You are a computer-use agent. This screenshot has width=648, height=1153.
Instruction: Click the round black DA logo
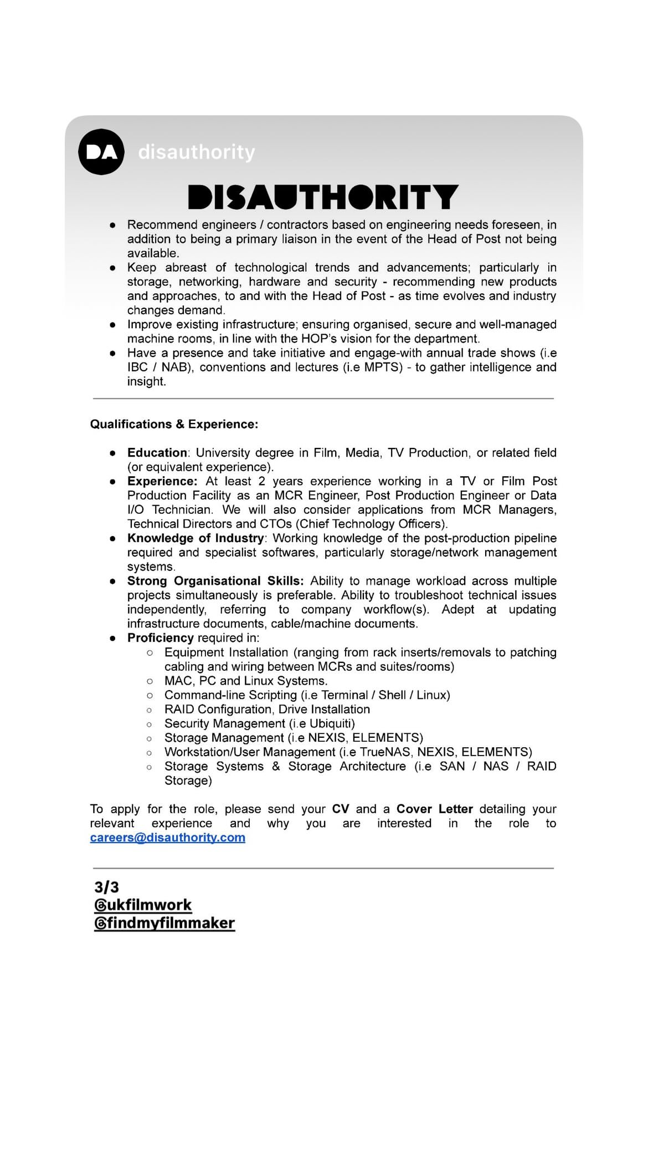click(x=101, y=152)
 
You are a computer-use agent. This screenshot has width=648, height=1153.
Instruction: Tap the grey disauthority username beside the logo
click(x=197, y=152)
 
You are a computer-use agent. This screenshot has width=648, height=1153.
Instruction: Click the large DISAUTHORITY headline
click(x=323, y=197)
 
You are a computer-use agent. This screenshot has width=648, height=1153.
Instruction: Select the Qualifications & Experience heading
click(x=174, y=424)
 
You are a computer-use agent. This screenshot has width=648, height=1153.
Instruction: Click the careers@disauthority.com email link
click(x=167, y=838)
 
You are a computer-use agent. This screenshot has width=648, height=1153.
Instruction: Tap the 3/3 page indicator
click(x=106, y=887)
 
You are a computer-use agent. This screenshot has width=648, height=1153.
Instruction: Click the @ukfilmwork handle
click(x=143, y=905)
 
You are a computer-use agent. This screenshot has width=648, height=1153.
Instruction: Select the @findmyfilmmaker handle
click(x=164, y=923)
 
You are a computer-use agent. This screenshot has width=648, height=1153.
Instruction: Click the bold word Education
click(x=157, y=453)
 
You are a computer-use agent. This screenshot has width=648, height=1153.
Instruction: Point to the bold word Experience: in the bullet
click(x=162, y=481)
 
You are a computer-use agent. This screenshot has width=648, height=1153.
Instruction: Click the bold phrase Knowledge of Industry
click(x=196, y=538)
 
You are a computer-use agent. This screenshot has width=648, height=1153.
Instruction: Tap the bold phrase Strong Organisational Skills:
click(x=215, y=581)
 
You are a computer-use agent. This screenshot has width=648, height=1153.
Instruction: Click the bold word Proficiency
click(x=160, y=638)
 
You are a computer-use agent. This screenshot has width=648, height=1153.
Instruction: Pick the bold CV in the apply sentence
click(x=341, y=809)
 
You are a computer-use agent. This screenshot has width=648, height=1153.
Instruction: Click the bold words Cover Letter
click(x=435, y=809)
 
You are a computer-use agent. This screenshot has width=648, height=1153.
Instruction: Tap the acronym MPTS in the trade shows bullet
click(x=382, y=368)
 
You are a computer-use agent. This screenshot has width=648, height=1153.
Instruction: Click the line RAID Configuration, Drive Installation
click(x=267, y=710)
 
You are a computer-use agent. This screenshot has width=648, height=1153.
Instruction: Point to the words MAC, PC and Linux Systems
click(x=246, y=681)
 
